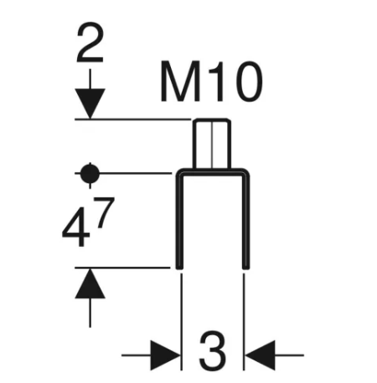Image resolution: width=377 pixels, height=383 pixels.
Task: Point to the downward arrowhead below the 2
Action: pos(90,104)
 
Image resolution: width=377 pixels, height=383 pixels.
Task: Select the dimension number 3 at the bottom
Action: pos(213,354)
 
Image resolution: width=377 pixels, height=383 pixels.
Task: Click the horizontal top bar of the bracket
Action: pos(212,173)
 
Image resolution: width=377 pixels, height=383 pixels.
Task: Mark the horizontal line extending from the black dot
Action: pos(134,174)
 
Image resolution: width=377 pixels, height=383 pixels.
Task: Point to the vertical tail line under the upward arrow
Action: pos(90,312)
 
